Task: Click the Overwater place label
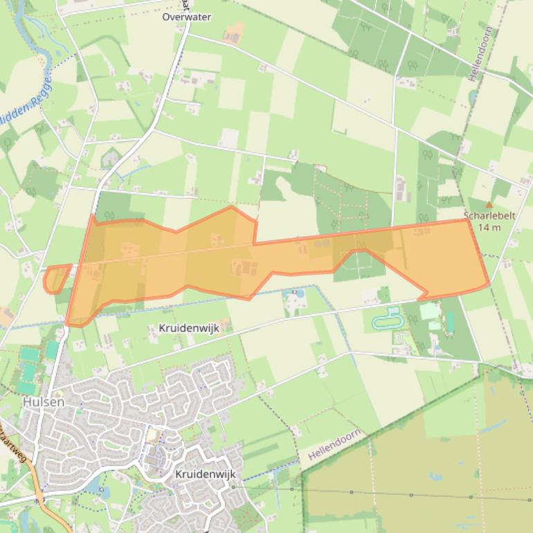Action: [x=186, y=17]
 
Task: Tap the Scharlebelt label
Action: [x=490, y=216]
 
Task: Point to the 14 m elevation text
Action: [x=489, y=227]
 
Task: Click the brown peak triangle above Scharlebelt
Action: [x=489, y=205]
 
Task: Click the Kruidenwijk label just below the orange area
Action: [x=189, y=328]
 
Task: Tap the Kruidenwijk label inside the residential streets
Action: [x=206, y=474]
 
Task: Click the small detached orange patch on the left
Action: [x=55, y=278]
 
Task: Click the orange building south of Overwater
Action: [x=235, y=32]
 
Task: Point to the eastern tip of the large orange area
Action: [x=489, y=282]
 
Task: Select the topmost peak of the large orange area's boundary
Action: [x=231, y=206]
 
